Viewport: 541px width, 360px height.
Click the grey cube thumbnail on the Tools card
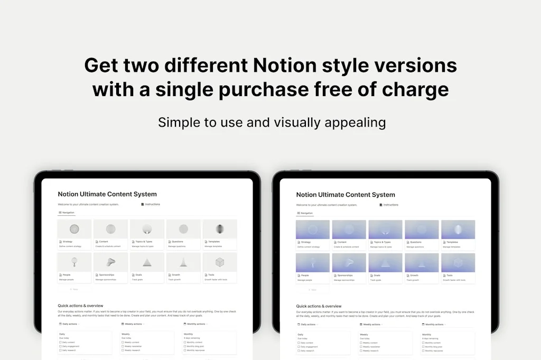coord(220,262)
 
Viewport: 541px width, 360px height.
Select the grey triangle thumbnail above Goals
coord(147,262)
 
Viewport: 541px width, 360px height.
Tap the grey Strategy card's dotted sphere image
coord(74,229)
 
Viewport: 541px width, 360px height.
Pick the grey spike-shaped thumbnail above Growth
coord(183,262)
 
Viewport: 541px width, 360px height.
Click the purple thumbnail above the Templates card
coord(458,229)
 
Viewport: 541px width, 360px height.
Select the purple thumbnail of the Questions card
coord(422,229)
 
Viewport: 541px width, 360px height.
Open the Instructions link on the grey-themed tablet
coord(152,204)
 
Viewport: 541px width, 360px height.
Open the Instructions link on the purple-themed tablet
coord(390,205)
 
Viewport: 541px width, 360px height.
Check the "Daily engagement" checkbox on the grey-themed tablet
coord(61,346)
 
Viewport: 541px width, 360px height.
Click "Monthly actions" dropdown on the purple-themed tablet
coord(434,325)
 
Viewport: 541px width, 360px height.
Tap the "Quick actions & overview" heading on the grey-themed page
coord(80,306)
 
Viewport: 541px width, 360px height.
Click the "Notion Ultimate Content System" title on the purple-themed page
coord(346,195)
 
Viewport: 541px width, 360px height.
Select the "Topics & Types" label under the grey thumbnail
coord(144,242)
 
